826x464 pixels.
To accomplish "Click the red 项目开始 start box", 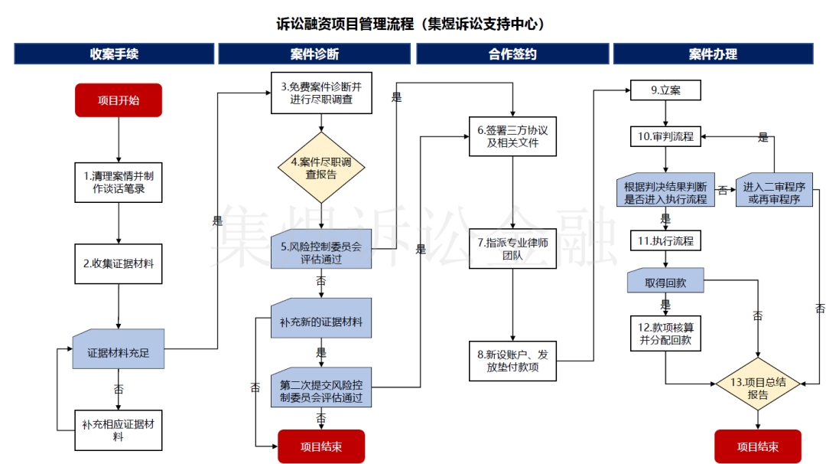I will (119, 100).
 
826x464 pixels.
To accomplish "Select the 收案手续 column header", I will (114, 54).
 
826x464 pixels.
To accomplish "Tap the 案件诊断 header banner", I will (314, 54).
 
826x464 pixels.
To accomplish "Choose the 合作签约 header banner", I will (512, 54).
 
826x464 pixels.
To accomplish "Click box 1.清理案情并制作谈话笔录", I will (119, 182).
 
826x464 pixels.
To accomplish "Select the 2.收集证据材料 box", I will (119, 263).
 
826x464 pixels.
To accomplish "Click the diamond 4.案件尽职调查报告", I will (321, 168).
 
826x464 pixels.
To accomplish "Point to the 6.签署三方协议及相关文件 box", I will (512, 136).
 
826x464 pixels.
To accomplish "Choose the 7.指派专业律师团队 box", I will (512, 248).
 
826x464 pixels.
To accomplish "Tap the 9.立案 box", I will (665, 90).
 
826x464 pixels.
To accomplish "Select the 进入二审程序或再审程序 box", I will (773, 189).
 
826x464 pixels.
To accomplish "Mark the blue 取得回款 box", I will (665, 281).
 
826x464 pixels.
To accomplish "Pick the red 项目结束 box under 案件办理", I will (758, 446).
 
